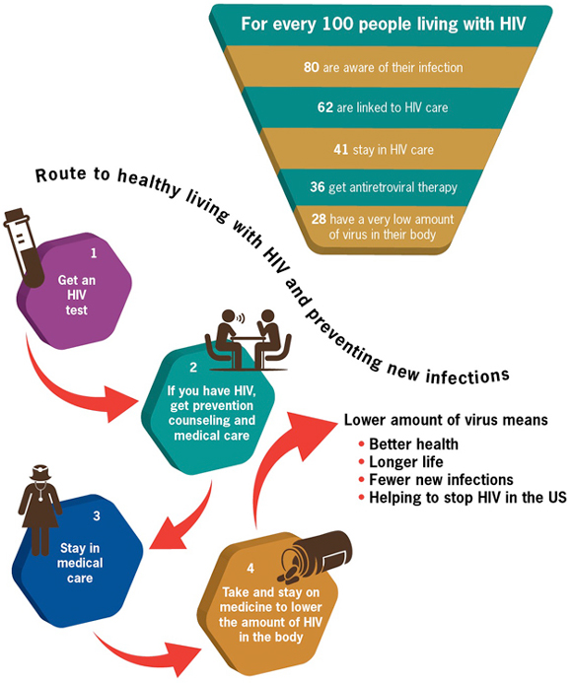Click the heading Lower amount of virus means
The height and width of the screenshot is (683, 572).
(x=445, y=421)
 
